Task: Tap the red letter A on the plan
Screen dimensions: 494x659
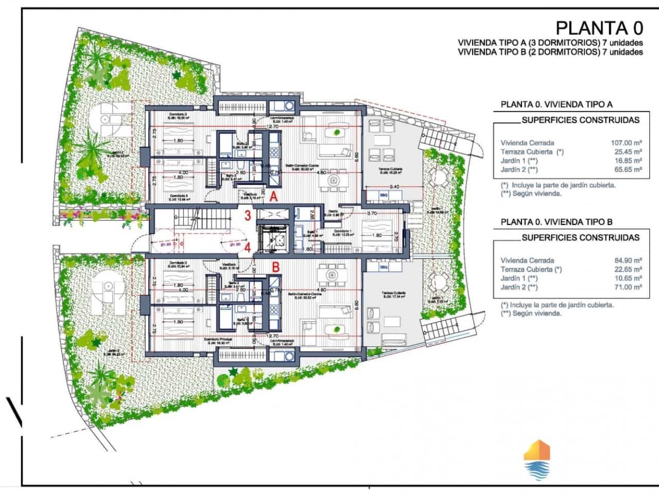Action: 274,196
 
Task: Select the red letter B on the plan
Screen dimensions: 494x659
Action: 275,267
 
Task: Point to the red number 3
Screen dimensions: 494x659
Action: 248,216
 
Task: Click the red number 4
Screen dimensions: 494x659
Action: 248,247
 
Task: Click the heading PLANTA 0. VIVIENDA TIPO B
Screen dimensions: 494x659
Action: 557,222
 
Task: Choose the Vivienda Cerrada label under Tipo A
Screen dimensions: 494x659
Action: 527,143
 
